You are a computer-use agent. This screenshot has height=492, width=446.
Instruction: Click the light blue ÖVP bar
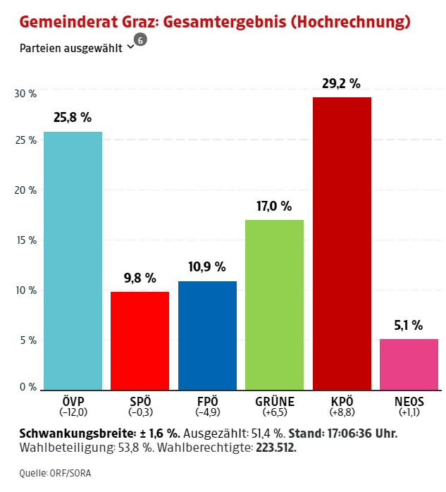[73, 261]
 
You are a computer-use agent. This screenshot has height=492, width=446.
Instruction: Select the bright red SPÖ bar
[140, 340]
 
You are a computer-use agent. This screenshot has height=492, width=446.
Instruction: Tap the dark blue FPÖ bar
[207, 336]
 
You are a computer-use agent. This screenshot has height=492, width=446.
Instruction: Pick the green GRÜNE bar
[274, 305]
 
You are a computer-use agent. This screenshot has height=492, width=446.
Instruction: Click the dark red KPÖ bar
[342, 243]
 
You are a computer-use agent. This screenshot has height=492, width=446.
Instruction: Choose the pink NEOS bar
[409, 364]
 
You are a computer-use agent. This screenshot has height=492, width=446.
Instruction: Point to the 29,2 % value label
[342, 84]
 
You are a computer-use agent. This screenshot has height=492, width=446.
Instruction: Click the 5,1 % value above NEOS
[409, 326]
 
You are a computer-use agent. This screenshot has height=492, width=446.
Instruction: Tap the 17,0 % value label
[274, 207]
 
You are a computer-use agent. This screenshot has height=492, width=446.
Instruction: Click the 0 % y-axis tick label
[28, 387]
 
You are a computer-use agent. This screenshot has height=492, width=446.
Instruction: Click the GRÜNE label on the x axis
[274, 402]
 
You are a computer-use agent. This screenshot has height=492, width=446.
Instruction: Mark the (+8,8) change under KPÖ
[342, 412]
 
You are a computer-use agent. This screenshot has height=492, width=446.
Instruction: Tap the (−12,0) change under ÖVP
[73, 412]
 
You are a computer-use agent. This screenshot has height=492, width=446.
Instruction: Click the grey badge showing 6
[140, 40]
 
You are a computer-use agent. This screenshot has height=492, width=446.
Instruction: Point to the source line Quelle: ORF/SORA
[55, 473]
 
